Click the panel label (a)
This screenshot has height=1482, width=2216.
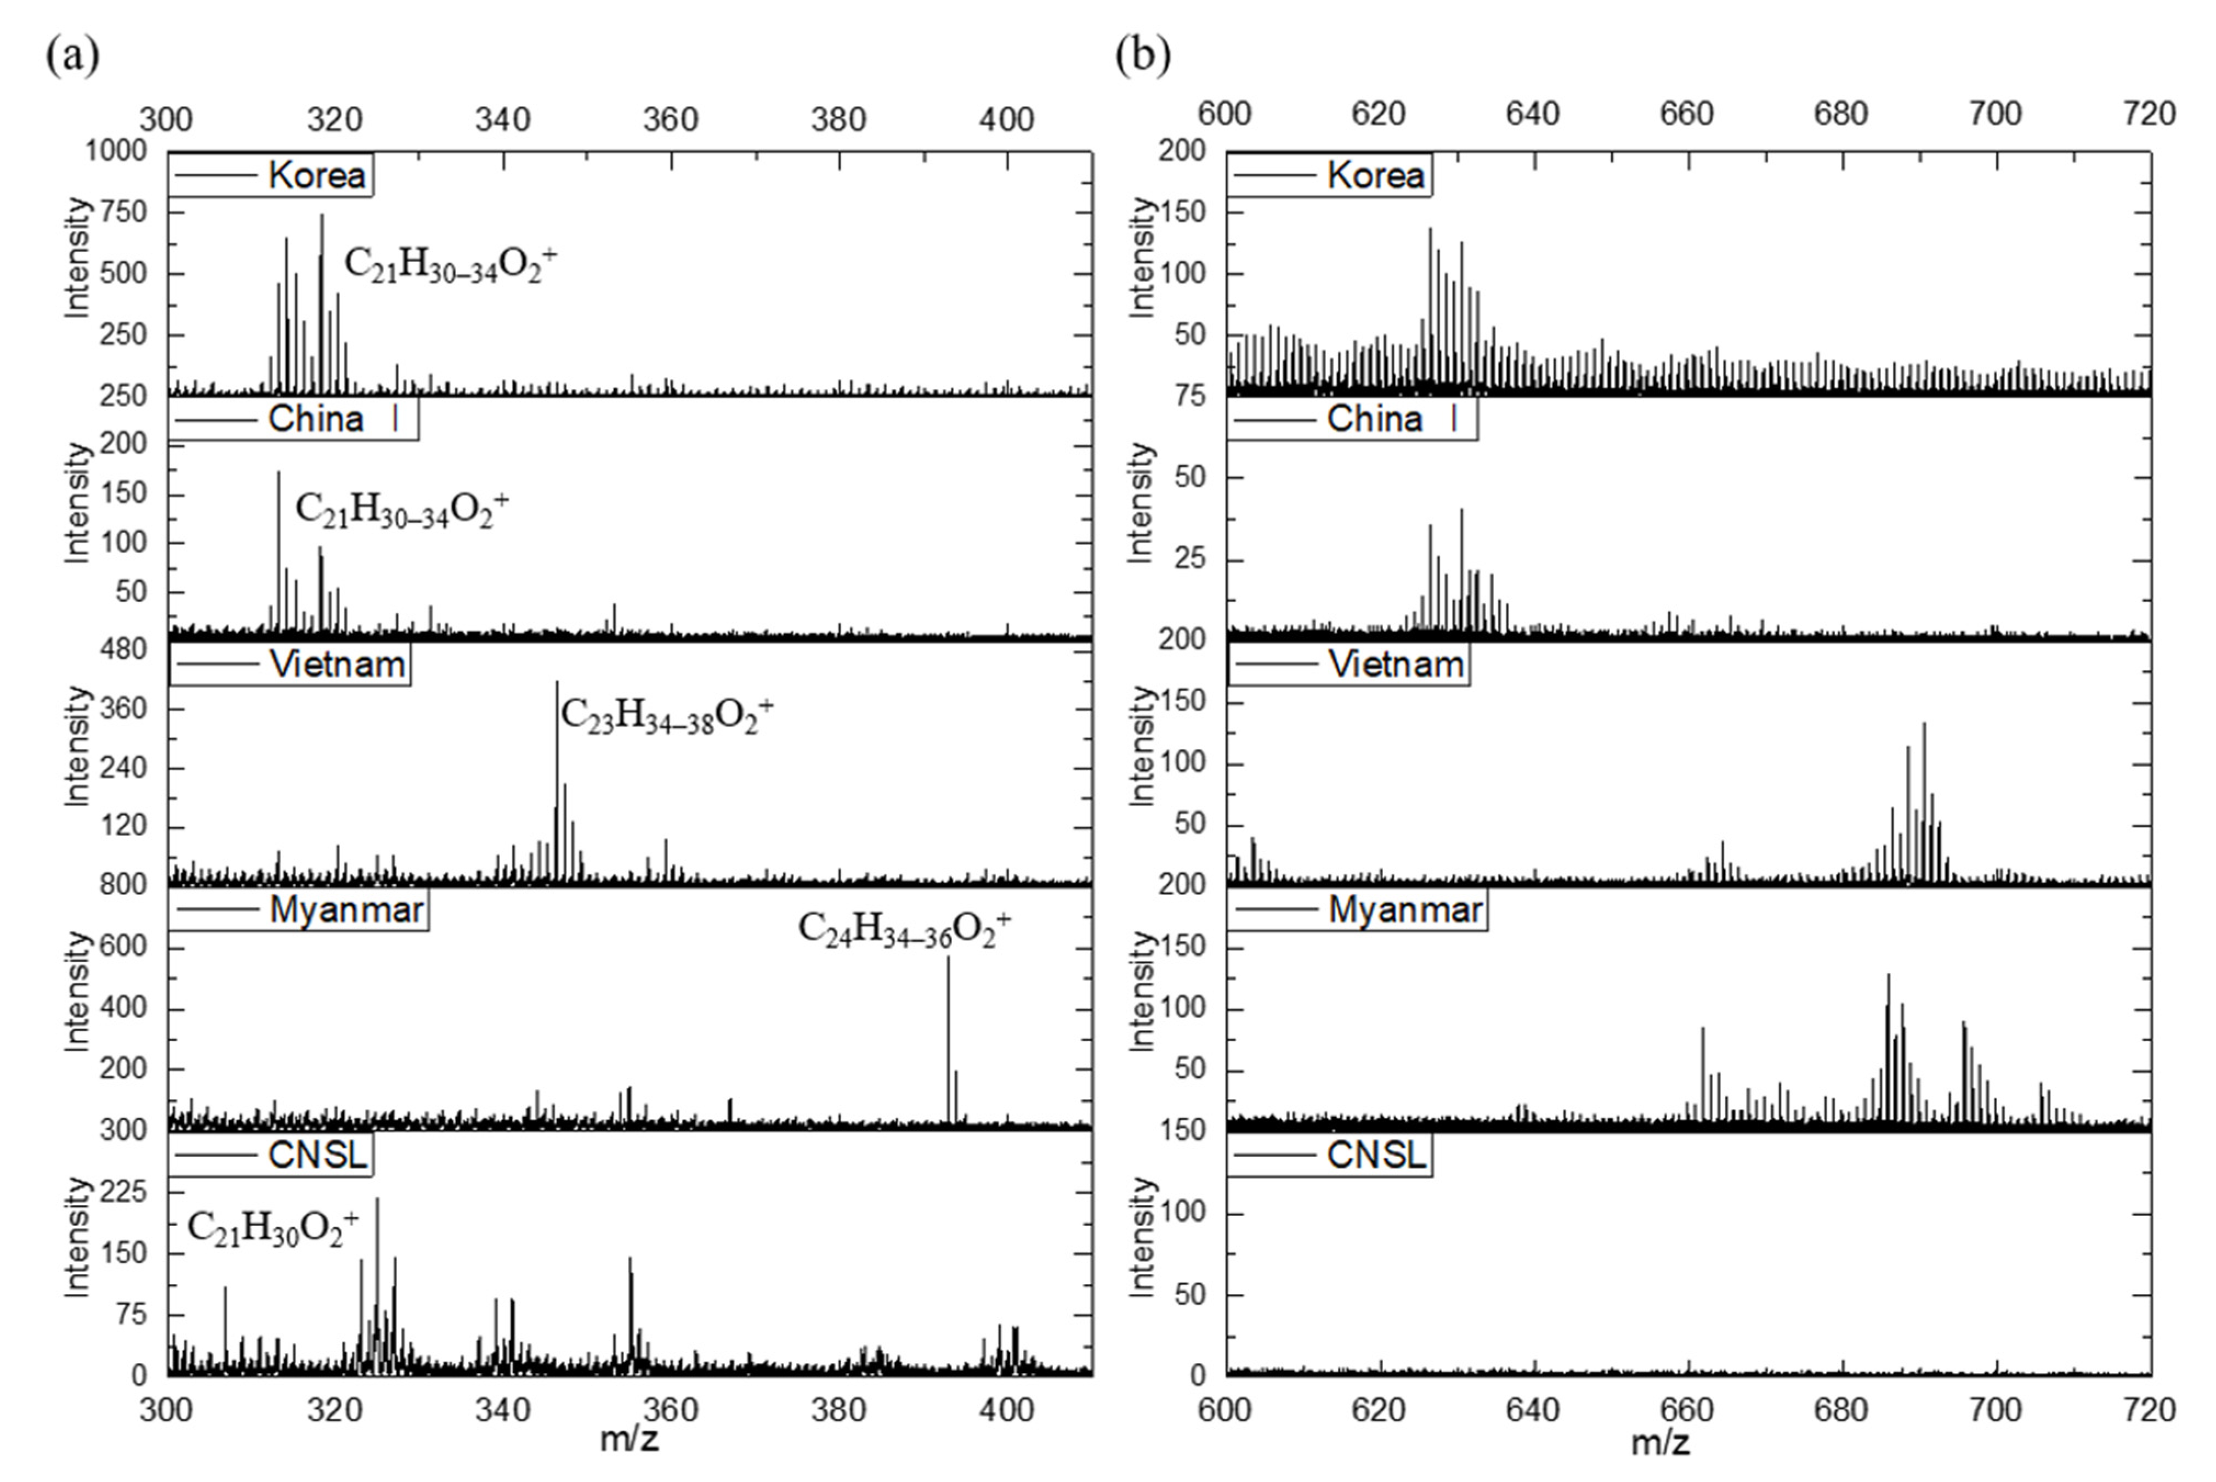click(x=72, y=56)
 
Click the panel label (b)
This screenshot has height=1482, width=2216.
click(x=1142, y=56)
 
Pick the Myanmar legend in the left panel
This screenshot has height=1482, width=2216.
click(x=299, y=910)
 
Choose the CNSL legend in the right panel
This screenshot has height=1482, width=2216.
click(x=1330, y=1155)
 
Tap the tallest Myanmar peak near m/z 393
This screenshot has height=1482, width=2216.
click(x=948, y=959)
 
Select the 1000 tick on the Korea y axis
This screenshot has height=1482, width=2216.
click(x=116, y=151)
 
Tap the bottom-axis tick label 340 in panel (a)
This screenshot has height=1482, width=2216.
click(x=503, y=1410)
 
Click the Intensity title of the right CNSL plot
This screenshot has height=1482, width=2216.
click(x=1142, y=1237)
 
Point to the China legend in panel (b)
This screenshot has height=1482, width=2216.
click(x=1352, y=420)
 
